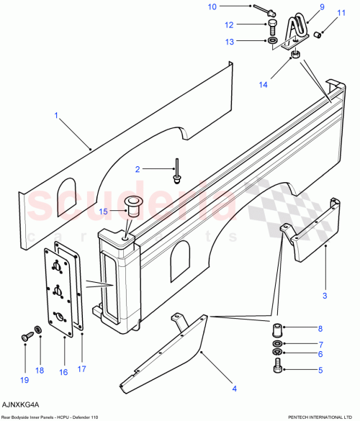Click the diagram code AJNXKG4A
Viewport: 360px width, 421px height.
(x=20, y=404)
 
